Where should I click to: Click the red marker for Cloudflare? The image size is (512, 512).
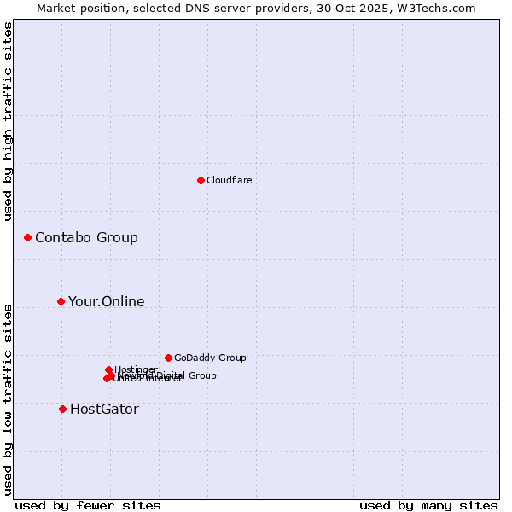click(x=201, y=180)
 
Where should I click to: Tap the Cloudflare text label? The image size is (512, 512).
click(x=229, y=180)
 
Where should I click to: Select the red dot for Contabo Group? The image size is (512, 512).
click(x=27, y=237)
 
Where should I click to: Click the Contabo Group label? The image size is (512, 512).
click(x=86, y=237)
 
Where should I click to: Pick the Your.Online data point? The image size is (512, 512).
click(x=61, y=301)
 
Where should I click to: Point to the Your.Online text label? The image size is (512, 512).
click(x=106, y=301)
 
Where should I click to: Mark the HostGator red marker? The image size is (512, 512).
click(x=62, y=409)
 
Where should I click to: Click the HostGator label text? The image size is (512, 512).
click(x=104, y=409)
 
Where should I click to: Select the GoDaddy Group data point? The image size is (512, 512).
click(x=168, y=358)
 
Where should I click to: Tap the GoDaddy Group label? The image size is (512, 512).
click(x=210, y=358)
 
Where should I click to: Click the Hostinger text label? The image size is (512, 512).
click(x=136, y=369)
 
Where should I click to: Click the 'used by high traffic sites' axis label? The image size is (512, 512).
click(x=9, y=121)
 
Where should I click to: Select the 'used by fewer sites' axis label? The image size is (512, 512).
click(x=88, y=505)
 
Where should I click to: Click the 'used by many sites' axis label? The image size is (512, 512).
click(x=428, y=505)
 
